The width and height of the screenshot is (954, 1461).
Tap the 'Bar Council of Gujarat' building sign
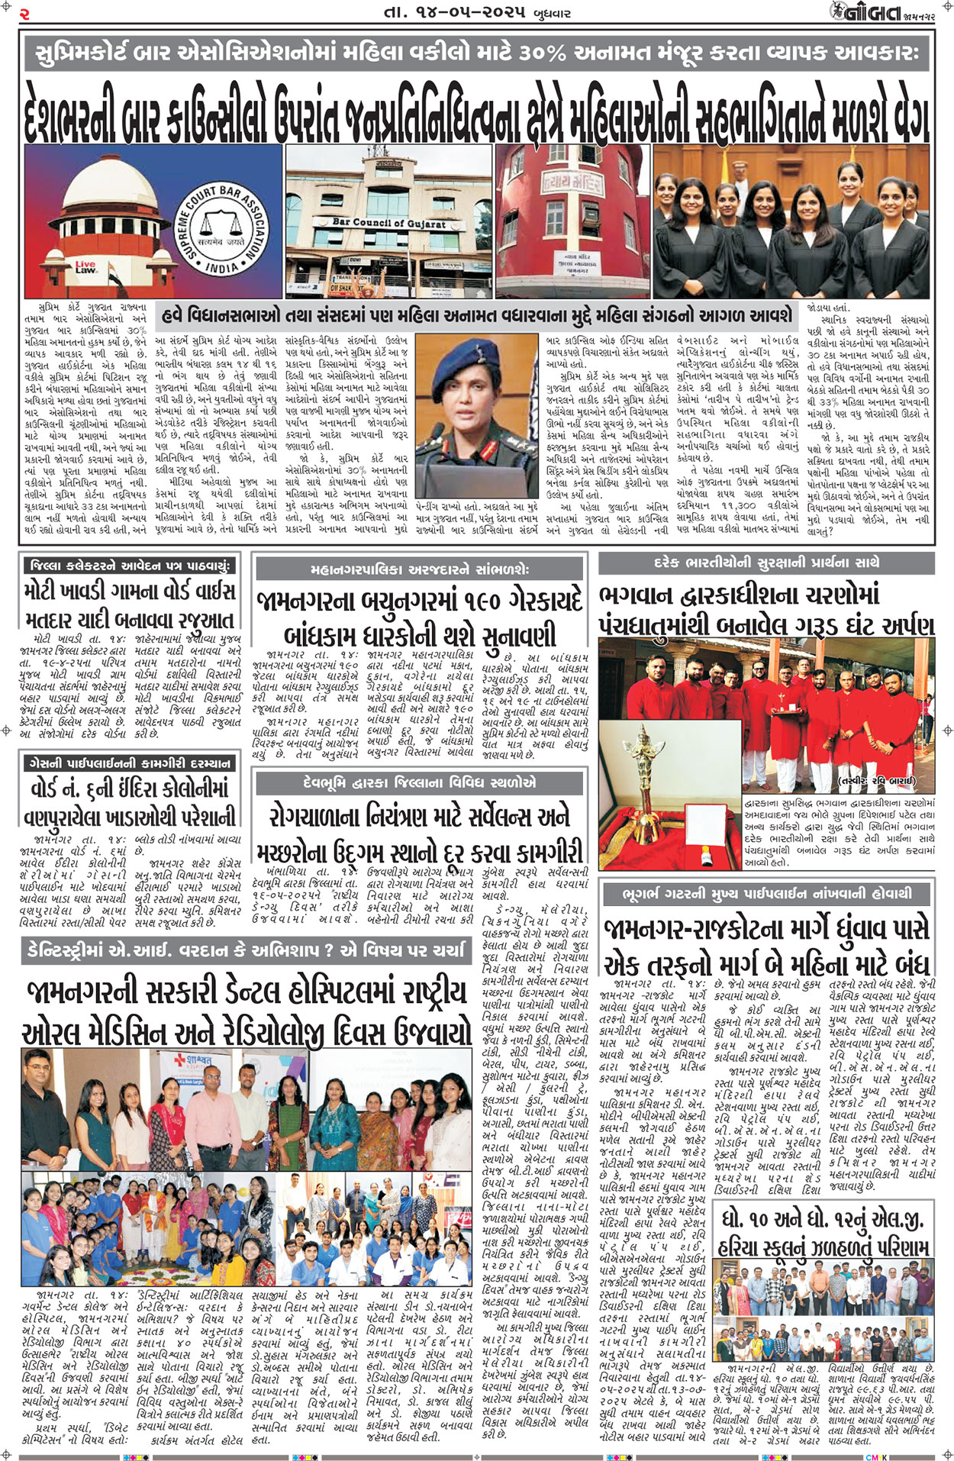388,224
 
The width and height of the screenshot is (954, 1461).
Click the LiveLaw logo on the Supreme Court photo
85,267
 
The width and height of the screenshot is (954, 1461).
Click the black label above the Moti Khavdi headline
128,566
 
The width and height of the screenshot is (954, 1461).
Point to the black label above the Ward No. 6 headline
128,763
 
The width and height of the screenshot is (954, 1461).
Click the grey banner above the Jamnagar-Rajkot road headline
766,893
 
